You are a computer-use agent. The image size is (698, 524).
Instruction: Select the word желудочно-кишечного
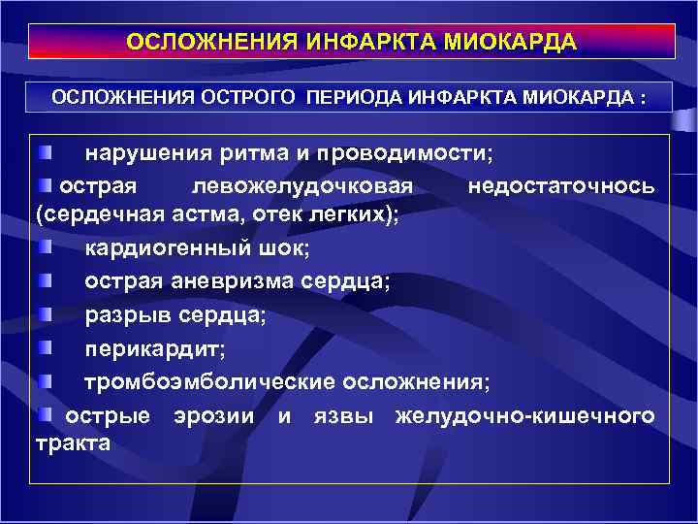[524, 415]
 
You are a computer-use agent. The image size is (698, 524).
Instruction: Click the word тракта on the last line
[73, 443]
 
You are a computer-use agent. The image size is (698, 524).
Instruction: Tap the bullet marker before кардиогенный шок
[47, 248]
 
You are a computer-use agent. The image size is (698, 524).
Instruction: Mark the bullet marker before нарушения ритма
[47, 153]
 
